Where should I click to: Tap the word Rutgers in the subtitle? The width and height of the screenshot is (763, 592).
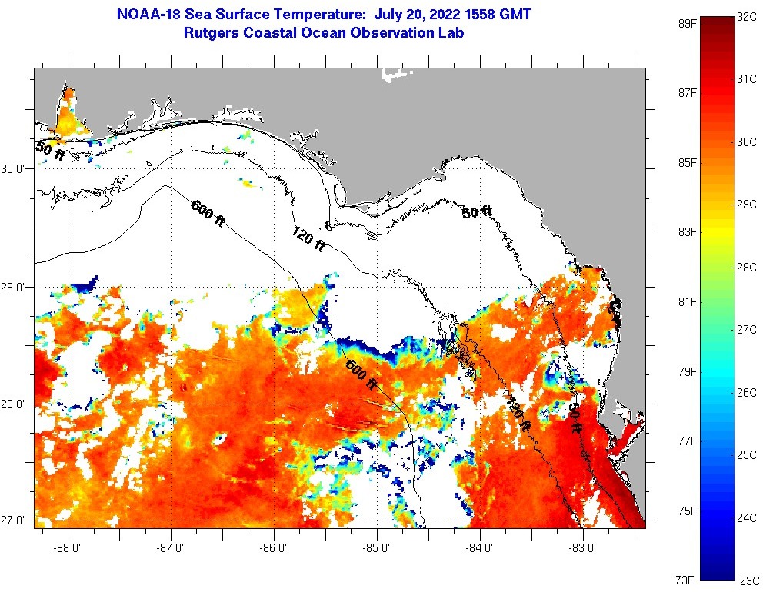(210, 33)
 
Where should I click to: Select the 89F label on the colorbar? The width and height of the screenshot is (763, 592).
(687, 23)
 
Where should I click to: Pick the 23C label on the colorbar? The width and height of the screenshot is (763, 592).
(748, 581)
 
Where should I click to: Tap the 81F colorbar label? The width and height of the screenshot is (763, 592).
(687, 301)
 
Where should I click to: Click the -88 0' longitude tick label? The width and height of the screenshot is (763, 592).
(68, 548)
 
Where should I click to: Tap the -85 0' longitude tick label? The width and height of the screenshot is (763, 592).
(377, 548)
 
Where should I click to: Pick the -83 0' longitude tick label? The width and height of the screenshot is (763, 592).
(582, 548)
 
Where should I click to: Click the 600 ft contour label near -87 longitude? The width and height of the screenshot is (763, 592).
(208, 213)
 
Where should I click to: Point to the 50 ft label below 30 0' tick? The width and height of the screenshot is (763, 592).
(50, 151)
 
